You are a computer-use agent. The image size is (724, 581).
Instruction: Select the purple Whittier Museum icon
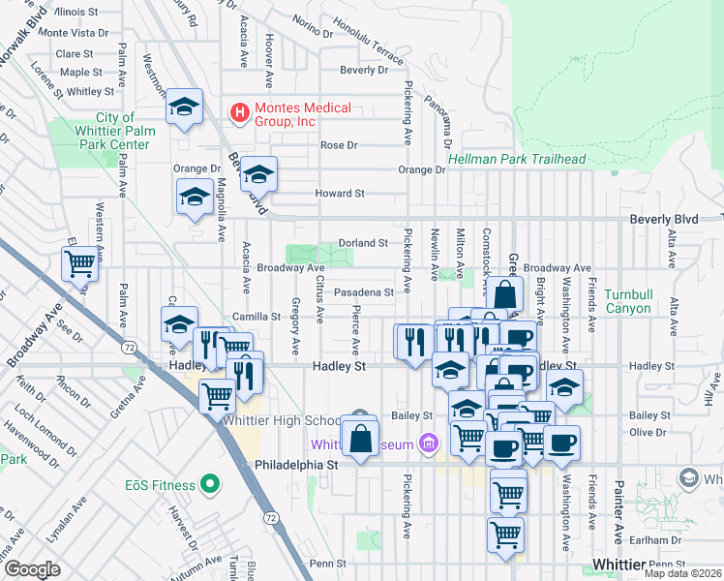pos(430,444)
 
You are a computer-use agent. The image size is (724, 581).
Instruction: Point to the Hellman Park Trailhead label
pos(516,159)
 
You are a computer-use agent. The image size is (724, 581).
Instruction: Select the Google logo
pos(32,568)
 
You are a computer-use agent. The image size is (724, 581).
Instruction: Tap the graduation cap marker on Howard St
pos(258,175)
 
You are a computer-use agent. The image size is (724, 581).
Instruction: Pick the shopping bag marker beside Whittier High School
pos(360,438)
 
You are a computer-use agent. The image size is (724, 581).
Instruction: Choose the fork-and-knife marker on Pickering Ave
pos(413,341)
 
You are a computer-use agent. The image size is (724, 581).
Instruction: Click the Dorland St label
pos(363,243)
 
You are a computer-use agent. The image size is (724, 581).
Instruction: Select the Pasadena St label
pos(363,291)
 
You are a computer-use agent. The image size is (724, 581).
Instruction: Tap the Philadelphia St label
pos(295,465)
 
